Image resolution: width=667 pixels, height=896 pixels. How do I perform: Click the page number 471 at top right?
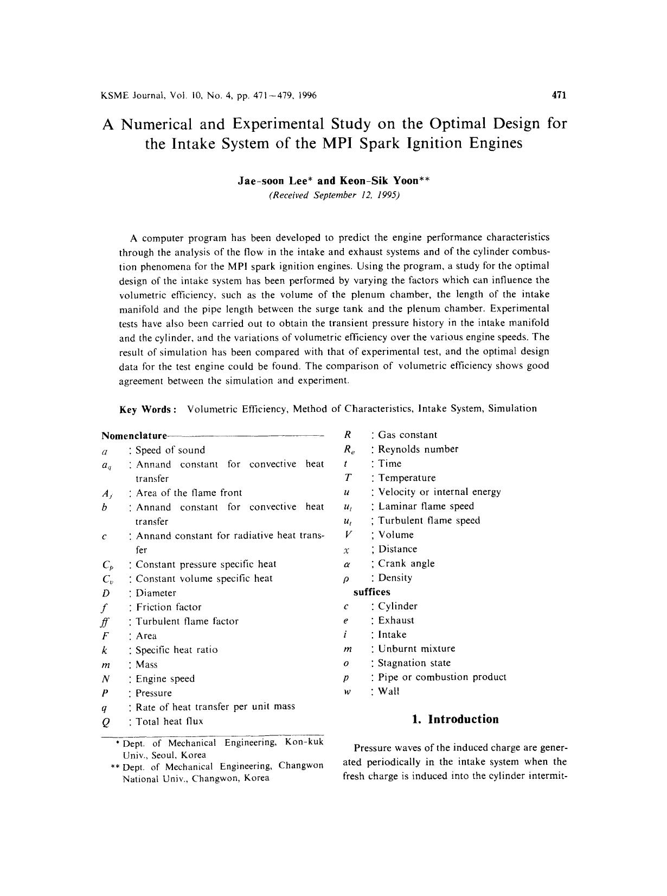tap(559, 96)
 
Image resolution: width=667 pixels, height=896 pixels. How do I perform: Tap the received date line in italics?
tap(334, 195)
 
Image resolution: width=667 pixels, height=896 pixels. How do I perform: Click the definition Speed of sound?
tap(170, 450)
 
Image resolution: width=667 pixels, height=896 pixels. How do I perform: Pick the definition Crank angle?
tap(406, 563)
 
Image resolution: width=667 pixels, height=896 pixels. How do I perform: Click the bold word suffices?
tap(371, 592)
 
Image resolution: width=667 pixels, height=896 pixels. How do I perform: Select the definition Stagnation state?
tap(414, 663)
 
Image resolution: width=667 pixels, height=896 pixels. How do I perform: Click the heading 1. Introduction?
tap(455, 719)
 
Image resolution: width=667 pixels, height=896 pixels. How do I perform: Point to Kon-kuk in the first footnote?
tap(304, 742)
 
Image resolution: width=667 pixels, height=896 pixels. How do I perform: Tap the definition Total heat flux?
tap(169, 721)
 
